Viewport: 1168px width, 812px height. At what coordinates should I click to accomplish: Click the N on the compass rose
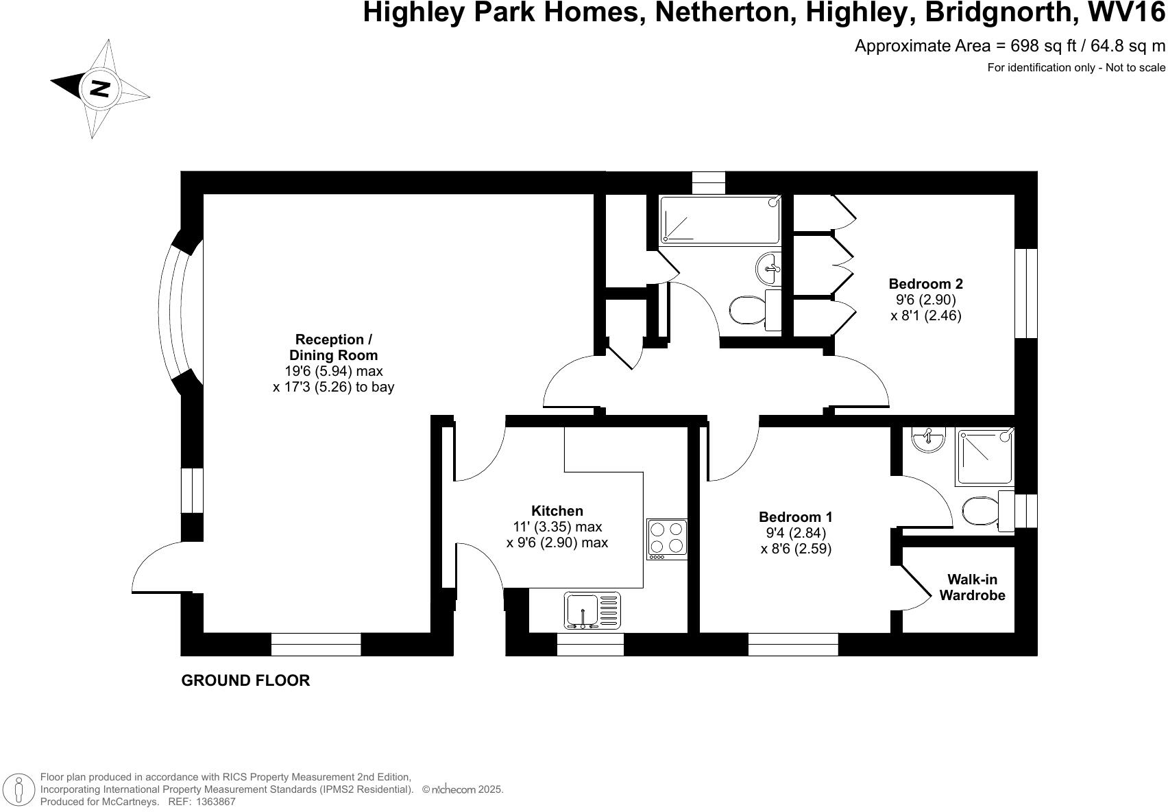coord(100,88)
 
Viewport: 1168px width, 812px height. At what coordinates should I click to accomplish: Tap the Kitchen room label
coord(557,511)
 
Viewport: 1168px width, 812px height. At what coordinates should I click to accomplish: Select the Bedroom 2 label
coord(925,284)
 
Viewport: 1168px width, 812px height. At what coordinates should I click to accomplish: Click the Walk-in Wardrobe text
coord(972,588)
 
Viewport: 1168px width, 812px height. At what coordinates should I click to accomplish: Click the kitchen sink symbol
coord(592,610)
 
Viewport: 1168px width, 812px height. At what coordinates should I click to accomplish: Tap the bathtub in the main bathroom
coord(719,220)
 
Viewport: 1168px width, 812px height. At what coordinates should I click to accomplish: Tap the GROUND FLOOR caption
coord(245,680)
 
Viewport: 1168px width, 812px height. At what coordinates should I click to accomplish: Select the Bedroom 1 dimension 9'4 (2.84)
coord(796,533)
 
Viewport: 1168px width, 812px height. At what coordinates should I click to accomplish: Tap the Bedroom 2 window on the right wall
coord(1026,293)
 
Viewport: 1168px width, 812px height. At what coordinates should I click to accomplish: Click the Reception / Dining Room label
coord(333,347)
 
